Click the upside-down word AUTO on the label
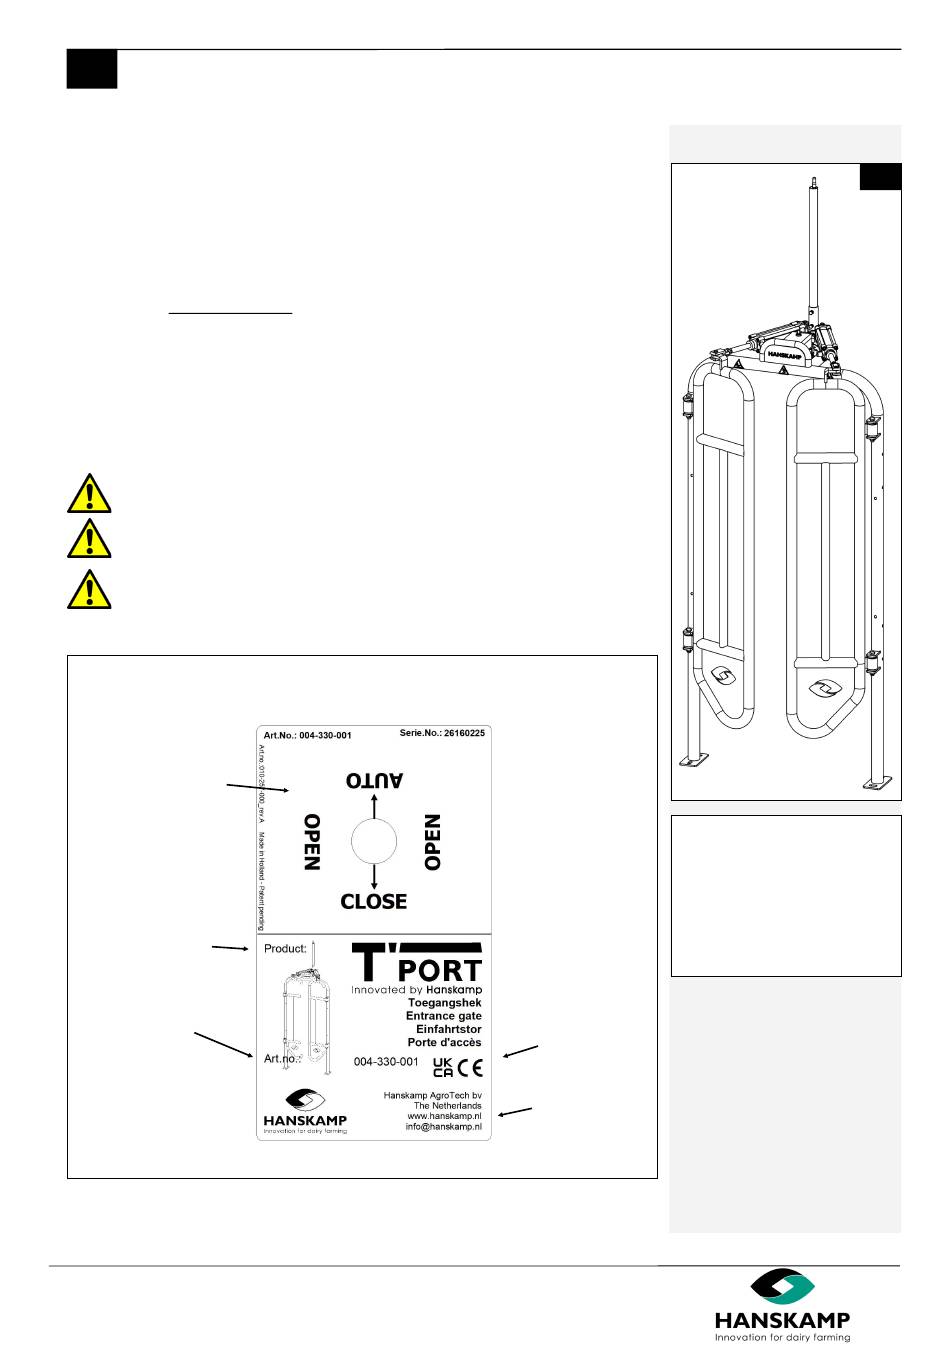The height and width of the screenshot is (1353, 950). coord(374,780)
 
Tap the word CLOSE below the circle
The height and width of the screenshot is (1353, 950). coord(374,901)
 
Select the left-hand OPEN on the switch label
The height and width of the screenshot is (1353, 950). coord(312,842)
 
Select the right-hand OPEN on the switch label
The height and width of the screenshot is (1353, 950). coord(433,842)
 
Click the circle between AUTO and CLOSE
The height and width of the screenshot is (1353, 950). coord(374,841)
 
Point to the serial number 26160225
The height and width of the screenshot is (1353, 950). coord(463,733)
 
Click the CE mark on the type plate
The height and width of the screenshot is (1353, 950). coord(470,1066)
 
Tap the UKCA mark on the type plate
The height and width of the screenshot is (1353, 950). coord(443,1067)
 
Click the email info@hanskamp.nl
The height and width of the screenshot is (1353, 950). coord(443,1127)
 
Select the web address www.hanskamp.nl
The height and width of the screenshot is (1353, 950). coord(444,1116)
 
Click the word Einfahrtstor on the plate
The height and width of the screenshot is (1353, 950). coord(449,1029)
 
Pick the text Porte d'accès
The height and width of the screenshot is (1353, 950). coord(444,1042)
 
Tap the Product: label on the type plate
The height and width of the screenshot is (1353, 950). coord(285,949)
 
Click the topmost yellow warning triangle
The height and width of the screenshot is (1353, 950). coord(89,493)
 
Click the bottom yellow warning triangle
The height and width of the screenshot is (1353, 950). coord(89,589)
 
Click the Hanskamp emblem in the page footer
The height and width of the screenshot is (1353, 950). coord(783,1286)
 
